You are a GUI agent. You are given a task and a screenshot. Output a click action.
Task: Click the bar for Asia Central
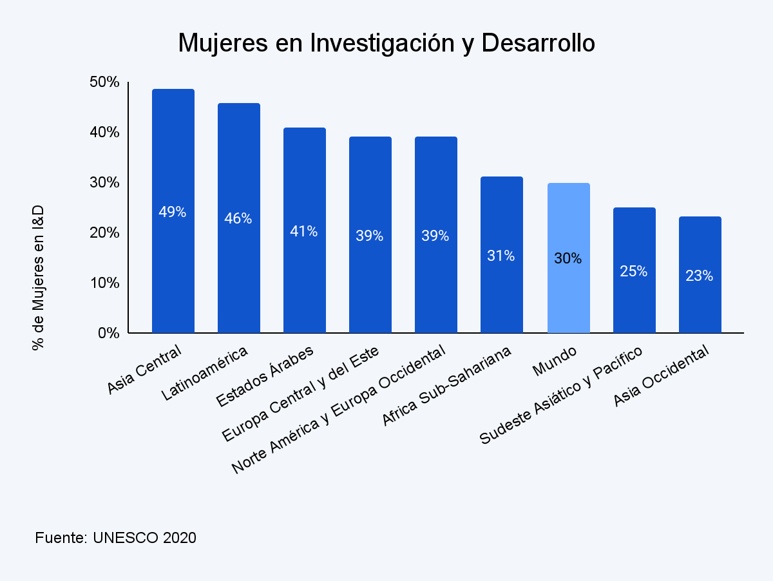[x=173, y=271]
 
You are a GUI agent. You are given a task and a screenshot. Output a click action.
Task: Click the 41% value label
[x=304, y=231]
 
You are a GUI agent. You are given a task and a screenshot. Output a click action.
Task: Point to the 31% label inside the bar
[x=501, y=256]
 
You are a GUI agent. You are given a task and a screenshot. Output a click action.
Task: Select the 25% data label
[x=634, y=271]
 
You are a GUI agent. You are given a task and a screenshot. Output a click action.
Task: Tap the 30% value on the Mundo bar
[x=568, y=258]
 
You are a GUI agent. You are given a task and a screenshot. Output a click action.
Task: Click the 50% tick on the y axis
[x=104, y=82]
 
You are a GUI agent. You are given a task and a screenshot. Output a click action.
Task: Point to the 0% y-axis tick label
[x=108, y=334]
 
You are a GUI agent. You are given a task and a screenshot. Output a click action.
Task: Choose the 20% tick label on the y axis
[x=104, y=233]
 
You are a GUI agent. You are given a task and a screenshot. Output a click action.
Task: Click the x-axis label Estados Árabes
[x=265, y=377]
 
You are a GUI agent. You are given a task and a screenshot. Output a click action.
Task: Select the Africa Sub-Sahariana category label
[x=447, y=386]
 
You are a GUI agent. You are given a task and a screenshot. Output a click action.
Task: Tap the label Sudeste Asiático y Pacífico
[x=562, y=396]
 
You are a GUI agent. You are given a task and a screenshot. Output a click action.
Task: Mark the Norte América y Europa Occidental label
[x=338, y=410]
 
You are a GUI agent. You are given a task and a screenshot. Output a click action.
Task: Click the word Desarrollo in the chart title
[x=538, y=43]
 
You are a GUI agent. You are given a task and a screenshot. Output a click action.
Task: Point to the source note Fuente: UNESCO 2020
[x=115, y=538]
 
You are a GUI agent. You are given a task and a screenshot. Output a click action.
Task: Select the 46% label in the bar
[x=238, y=218]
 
